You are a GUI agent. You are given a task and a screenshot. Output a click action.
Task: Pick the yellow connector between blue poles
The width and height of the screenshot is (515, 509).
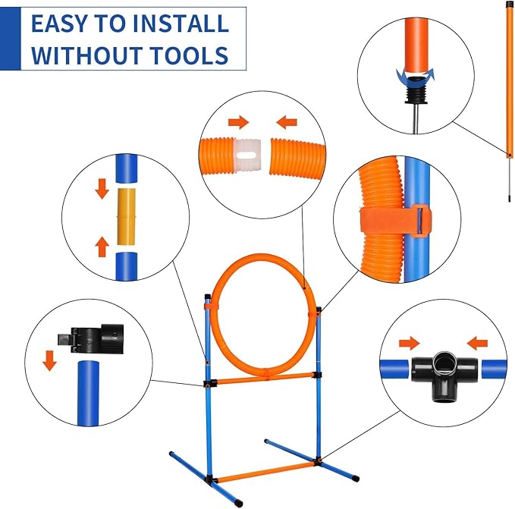click(127, 216)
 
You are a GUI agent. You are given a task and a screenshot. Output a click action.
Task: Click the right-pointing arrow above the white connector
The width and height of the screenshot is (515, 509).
click(237, 121)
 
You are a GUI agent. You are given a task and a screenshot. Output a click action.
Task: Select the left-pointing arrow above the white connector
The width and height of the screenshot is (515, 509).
click(287, 121)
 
